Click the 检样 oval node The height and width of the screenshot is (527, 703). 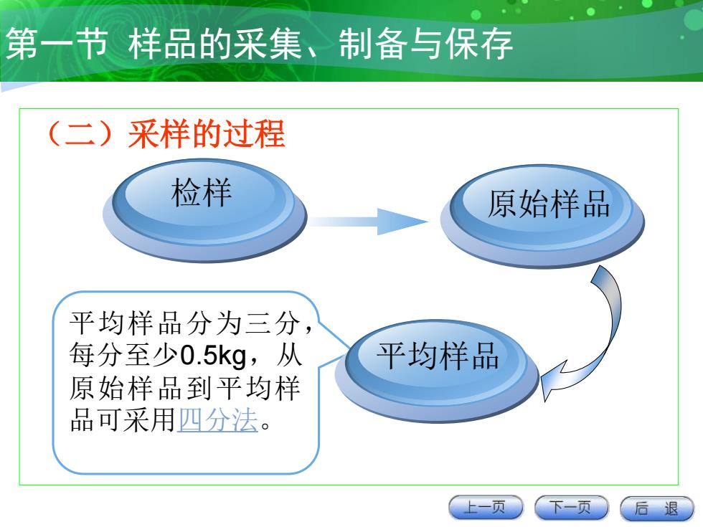pos(204,210)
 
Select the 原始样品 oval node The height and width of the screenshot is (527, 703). pos(542,216)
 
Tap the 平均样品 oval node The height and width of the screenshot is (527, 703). pos(437,371)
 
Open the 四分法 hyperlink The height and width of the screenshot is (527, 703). pos(218,420)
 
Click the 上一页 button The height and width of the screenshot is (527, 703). pos(486,508)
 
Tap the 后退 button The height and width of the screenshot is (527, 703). pos(657,508)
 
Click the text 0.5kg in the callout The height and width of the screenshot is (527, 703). pos(214,356)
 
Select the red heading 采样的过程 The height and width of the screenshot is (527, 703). pos(207,134)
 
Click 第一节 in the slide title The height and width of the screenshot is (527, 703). pos(57,44)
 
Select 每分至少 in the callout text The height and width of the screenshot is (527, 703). pos(124,356)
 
